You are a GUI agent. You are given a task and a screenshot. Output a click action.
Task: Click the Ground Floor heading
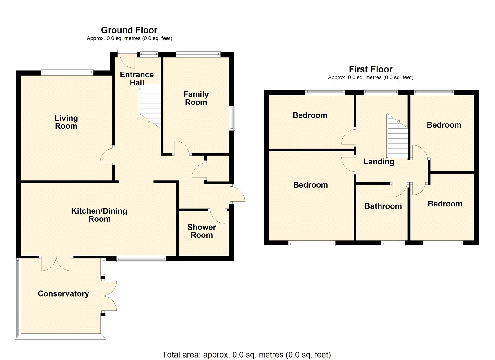[x=129, y=30]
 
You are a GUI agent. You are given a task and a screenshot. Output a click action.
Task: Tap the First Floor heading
[x=370, y=69]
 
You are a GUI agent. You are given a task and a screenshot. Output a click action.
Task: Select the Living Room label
[x=66, y=122]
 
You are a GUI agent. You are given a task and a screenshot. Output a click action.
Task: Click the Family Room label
[x=196, y=98]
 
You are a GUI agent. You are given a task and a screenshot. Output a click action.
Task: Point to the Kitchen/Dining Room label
[x=99, y=215]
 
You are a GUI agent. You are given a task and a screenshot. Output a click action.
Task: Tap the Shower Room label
[x=201, y=231]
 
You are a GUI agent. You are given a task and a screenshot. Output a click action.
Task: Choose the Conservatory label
[x=63, y=293]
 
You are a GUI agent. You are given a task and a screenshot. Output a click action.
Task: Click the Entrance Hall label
[x=137, y=78]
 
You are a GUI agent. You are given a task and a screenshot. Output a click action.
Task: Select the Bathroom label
[x=383, y=206]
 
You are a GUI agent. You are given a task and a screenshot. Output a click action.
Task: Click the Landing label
[x=378, y=162]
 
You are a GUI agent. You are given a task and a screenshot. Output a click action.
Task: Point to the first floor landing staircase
[x=398, y=138]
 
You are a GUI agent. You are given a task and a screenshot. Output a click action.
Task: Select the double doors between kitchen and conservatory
[x=56, y=264]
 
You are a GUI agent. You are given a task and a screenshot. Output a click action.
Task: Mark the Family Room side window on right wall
[x=232, y=118]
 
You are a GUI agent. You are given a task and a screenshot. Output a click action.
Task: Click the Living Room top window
[x=67, y=72]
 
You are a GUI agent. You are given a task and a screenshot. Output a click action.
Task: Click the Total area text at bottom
[x=246, y=354]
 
